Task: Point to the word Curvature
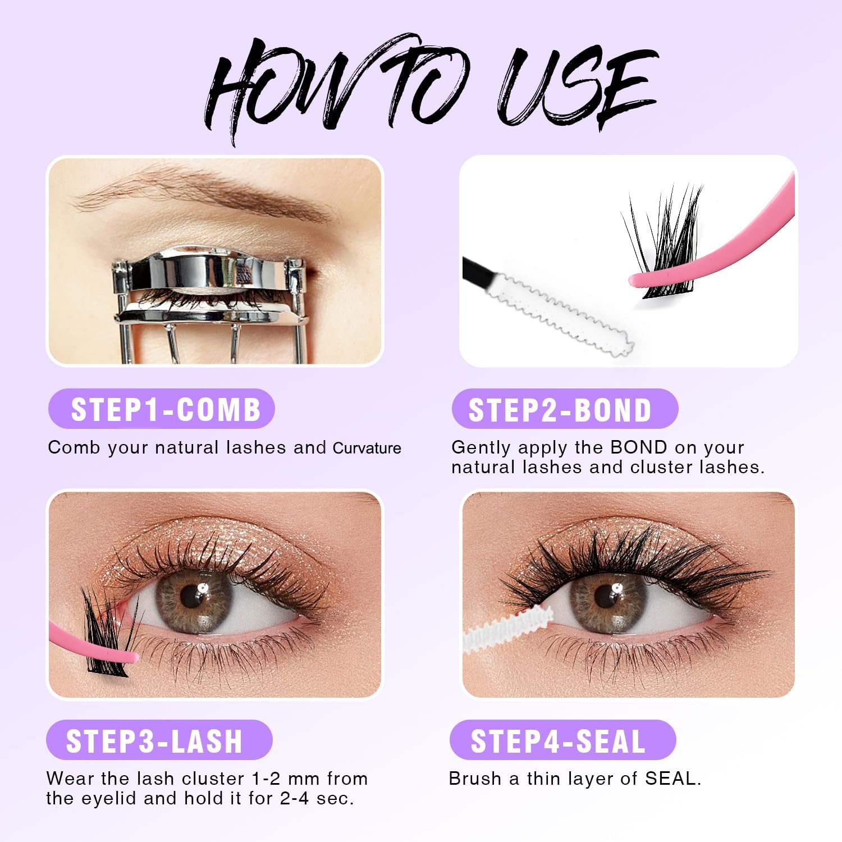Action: (x=367, y=448)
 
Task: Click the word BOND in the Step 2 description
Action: (x=639, y=447)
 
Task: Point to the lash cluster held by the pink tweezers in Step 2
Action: (x=662, y=241)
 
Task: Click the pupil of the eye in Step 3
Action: (x=193, y=596)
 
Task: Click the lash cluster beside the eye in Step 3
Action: (x=107, y=631)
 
